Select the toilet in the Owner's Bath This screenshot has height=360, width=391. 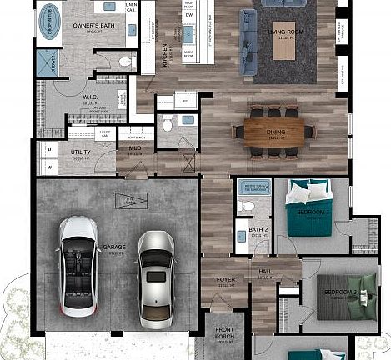[x=124, y=62]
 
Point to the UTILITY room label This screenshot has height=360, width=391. [x=81, y=152]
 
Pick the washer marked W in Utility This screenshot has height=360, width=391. [x=49, y=166]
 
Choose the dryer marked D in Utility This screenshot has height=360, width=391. [x=49, y=148]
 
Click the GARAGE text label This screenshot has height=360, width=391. [x=113, y=247]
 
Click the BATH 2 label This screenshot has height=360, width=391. [x=258, y=229]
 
